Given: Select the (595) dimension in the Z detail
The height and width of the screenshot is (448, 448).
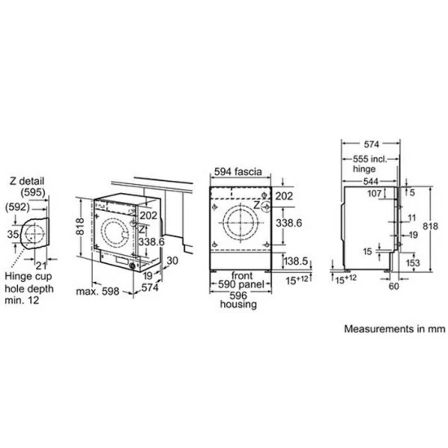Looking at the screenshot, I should click(x=32, y=192).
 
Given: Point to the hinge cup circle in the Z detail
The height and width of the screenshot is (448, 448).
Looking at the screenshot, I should click(x=34, y=235).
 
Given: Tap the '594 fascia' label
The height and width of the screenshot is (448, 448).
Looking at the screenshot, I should click(x=239, y=172).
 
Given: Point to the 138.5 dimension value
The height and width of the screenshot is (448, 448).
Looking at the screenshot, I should click(x=296, y=261).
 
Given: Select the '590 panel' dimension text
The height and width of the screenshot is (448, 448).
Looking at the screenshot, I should click(x=239, y=286).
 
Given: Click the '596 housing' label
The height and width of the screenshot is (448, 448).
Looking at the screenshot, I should click(x=239, y=300).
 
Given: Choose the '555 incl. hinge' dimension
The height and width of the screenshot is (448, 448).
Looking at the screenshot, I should click(x=375, y=164).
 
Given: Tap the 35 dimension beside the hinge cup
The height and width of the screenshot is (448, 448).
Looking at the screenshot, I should click(x=10, y=235).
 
